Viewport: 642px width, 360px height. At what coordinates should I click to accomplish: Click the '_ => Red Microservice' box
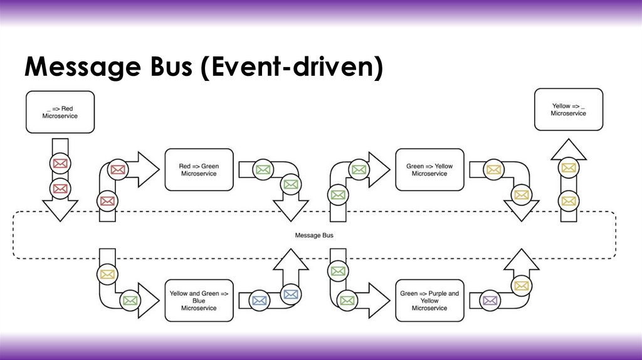pos(60,112)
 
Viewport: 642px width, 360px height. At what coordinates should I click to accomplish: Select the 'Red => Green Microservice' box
pos(199,169)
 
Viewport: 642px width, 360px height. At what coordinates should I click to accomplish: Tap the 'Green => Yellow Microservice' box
pos(429,169)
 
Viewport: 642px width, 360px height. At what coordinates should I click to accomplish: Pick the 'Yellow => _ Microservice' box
pos(568,109)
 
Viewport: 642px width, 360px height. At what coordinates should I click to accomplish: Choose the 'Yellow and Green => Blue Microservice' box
pos(199,300)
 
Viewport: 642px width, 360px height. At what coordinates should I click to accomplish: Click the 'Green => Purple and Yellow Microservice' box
pos(429,300)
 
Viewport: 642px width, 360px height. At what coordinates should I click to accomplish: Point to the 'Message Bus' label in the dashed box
pos(314,235)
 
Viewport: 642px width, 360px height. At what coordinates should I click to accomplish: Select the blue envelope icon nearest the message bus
pos(290,294)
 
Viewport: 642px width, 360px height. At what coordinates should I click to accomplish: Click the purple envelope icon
pos(490,300)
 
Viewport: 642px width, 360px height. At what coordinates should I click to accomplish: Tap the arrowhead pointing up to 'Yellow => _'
pos(568,150)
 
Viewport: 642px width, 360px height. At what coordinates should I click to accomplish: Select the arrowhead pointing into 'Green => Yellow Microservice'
pos(378,169)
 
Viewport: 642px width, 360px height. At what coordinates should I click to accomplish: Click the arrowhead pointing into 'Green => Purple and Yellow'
pos(378,300)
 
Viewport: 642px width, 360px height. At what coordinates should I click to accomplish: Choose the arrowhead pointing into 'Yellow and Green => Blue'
pos(148,300)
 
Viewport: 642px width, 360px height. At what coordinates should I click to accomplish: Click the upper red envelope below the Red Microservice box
pos(60,164)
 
